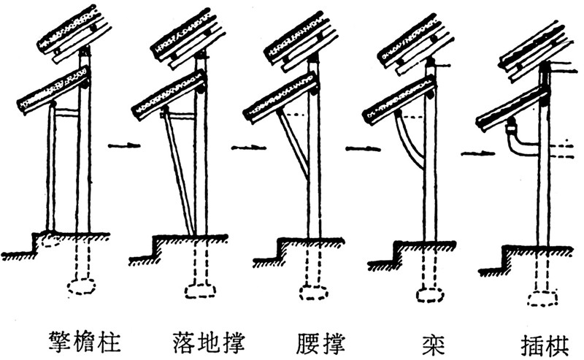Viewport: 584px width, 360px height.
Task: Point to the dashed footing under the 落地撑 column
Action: [x=201, y=290]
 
